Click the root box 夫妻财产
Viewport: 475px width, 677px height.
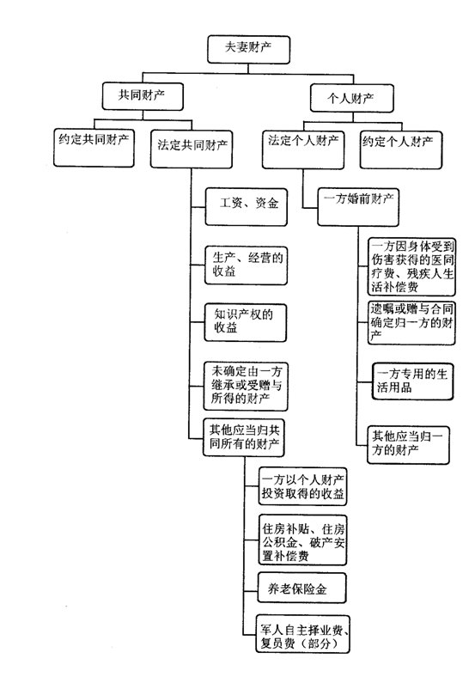click(x=248, y=49)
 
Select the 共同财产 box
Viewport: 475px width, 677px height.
click(x=143, y=96)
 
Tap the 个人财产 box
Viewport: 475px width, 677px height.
click(x=351, y=98)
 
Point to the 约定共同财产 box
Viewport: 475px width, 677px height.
click(x=94, y=148)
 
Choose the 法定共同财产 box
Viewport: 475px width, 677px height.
click(x=192, y=149)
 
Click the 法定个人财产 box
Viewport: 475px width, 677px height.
click(x=303, y=149)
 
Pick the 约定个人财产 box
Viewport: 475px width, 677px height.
click(x=401, y=149)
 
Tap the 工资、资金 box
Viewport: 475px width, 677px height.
click(x=247, y=206)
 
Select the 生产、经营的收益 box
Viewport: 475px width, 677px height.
click(x=246, y=265)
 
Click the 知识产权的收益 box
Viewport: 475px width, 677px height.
click(x=246, y=322)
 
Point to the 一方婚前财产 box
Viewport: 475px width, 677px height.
click(x=358, y=206)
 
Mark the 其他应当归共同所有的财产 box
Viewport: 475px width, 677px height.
click(x=244, y=437)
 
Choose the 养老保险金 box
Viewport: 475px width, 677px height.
click(x=301, y=588)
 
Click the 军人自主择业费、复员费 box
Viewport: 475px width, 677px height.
click(x=302, y=634)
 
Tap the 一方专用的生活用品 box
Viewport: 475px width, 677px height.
click(x=412, y=381)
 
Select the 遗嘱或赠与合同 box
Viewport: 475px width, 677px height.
click(x=411, y=322)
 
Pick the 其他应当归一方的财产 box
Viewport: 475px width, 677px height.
click(x=408, y=445)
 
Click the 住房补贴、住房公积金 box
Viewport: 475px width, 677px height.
click(x=302, y=540)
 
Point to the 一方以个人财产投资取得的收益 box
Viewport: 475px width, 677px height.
click(x=302, y=485)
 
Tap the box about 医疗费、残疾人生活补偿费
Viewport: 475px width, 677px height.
click(x=411, y=266)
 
